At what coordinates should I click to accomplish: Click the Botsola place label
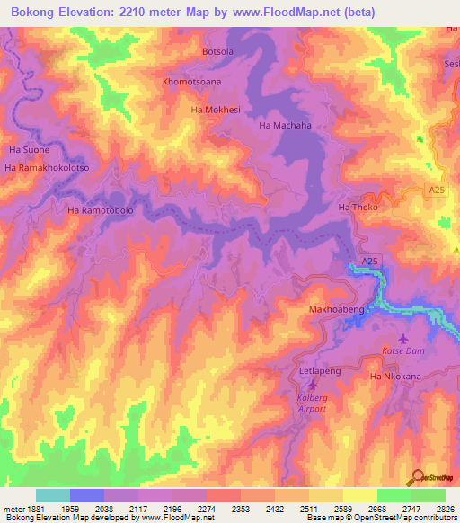pos(217,52)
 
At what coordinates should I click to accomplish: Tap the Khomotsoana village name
pos(191,82)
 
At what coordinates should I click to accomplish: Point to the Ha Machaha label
pos(285,126)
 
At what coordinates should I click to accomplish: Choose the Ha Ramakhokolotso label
pos(48,168)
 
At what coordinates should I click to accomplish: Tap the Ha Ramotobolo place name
pos(100,210)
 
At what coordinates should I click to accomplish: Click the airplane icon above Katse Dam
pos(401,339)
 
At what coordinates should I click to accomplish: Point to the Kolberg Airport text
pos(311,403)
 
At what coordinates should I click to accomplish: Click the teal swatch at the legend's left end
pos(52,495)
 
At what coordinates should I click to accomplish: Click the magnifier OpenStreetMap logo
pos(416,476)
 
